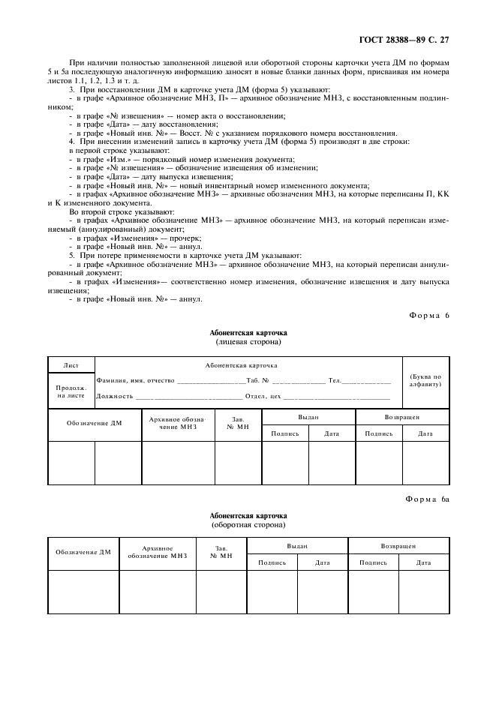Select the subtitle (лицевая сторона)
pos(248,341)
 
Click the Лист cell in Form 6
pos(71,365)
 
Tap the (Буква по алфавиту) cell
pos(425,380)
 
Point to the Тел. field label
pos(335,381)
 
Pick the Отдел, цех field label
pos(263,396)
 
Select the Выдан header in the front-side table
pos(308,416)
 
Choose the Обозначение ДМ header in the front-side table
pos(94,424)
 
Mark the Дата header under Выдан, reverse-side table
pos(322,562)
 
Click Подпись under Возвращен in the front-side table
pos(378,433)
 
